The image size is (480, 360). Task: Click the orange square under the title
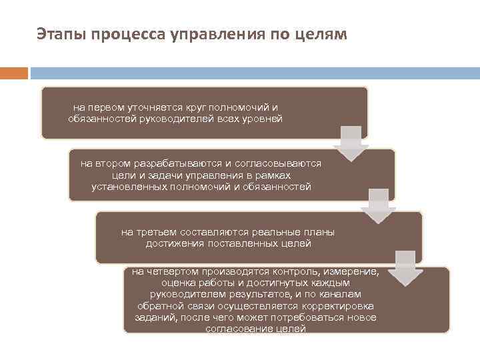click(14, 72)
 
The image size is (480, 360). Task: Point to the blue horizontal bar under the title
click(254, 72)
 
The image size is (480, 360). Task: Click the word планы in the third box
click(319, 232)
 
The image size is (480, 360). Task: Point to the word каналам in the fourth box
click(341, 294)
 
